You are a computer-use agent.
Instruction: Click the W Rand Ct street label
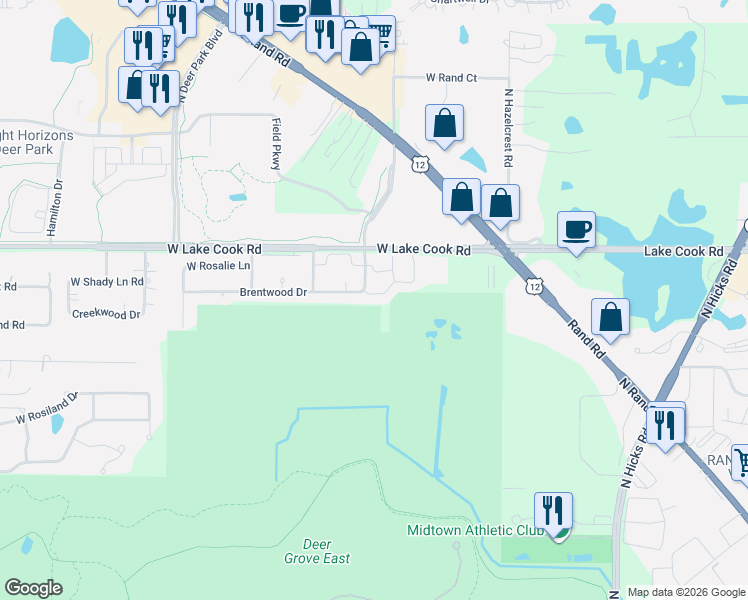pos(452,77)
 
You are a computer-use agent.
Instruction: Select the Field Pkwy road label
pos(276,142)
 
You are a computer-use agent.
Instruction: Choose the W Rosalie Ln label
pos(218,265)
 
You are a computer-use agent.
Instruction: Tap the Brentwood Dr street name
pos(273,292)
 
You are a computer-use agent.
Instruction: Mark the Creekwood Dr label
pos(106,314)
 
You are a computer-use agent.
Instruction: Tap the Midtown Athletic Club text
pos(475,529)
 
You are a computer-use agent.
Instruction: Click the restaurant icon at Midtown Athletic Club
pos(552,511)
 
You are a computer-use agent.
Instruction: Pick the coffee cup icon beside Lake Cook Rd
pos(576,230)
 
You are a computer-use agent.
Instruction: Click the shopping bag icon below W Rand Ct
pos(444,123)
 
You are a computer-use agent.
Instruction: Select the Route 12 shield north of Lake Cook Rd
pos(418,162)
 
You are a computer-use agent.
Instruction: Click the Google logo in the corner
pos(33,588)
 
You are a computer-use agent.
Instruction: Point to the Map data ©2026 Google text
pos(685,592)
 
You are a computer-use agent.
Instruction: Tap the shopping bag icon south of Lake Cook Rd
pos(610,317)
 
